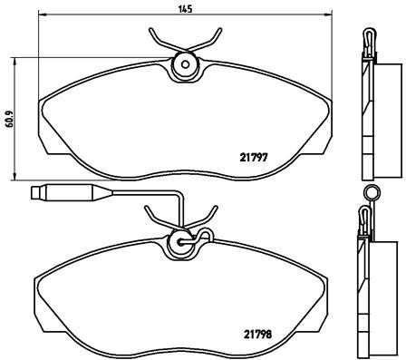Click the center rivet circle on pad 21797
(186, 64)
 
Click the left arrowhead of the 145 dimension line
(43, 16)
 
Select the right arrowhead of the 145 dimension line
(327, 16)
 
